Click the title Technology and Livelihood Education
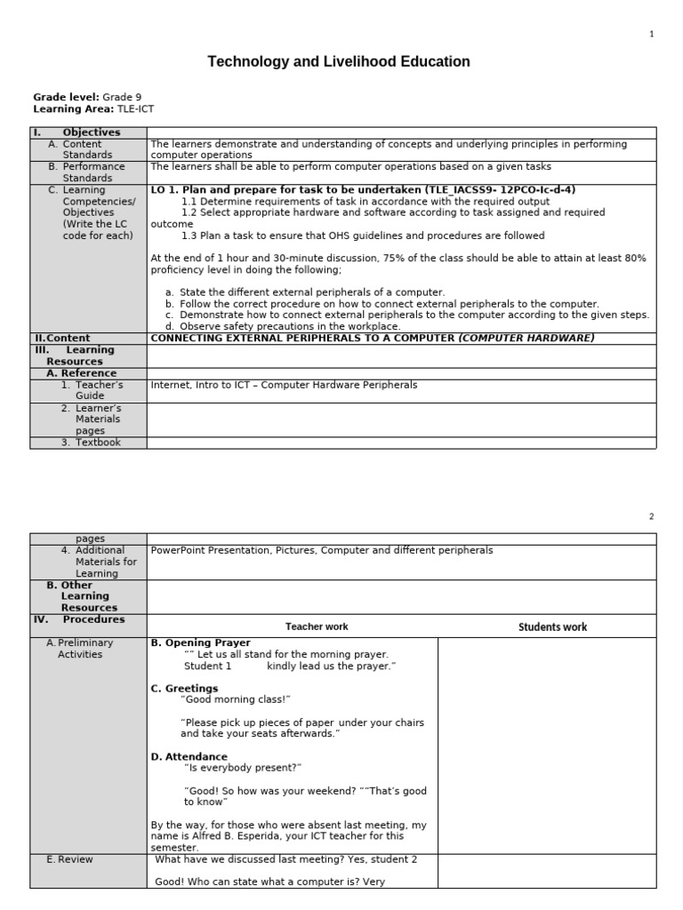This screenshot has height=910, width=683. (339, 61)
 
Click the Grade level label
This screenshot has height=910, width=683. (66, 97)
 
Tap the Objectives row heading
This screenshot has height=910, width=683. (91, 132)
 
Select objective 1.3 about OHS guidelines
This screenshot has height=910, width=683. (363, 235)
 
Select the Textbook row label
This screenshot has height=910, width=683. (97, 443)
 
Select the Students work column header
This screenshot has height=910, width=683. (552, 627)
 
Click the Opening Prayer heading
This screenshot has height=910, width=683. (201, 643)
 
